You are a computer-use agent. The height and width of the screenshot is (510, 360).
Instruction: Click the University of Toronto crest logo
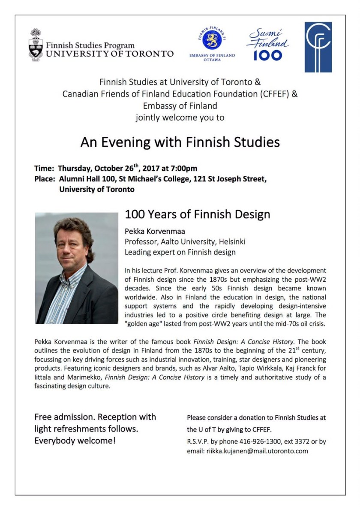(x=36, y=45)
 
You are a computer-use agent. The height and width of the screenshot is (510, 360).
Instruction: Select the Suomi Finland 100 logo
(x=268, y=45)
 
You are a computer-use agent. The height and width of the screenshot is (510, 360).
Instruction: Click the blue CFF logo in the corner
(x=318, y=47)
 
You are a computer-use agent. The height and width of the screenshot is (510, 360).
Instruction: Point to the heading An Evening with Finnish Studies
(x=180, y=142)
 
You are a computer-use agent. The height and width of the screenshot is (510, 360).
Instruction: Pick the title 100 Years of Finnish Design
(x=197, y=214)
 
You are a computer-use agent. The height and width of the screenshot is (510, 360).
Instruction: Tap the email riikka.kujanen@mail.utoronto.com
(x=256, y=451)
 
